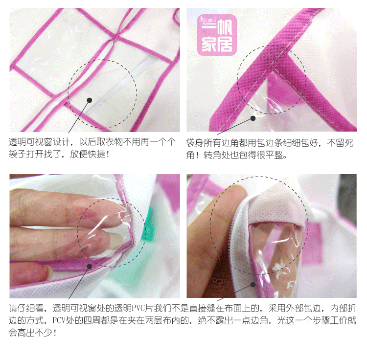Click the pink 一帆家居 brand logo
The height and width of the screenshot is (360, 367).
coord(217,35)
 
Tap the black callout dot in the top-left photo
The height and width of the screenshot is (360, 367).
coord(89,100)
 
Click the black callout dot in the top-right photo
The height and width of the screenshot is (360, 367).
coord(253,118)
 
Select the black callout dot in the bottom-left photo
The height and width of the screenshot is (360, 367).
coord(89,267)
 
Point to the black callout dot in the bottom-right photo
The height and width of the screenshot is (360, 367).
coord(253,285)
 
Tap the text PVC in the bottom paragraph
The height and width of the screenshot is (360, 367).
coord(138,308)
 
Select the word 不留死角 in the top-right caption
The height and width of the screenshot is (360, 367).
coord(340,149)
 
